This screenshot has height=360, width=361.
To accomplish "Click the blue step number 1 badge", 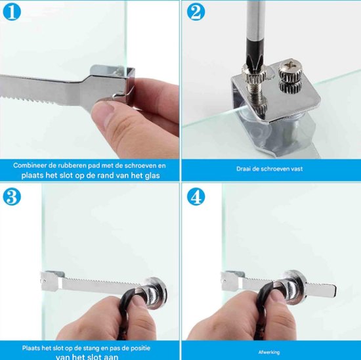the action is click(12, 12).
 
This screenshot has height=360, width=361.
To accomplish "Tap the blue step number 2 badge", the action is click(196, 12).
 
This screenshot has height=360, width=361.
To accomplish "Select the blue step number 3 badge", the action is click(12, 196).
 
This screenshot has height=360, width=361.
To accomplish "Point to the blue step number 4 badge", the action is click(196, 196).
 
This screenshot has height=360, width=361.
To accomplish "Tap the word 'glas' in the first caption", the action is click(152, 175).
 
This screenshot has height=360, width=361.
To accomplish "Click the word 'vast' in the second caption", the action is click(297, 169).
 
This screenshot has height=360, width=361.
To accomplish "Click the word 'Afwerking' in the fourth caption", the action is click(269, 352).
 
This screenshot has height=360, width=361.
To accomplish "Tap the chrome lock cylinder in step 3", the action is click(154, 293).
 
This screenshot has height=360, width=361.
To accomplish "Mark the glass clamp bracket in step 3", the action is click(53, 281).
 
